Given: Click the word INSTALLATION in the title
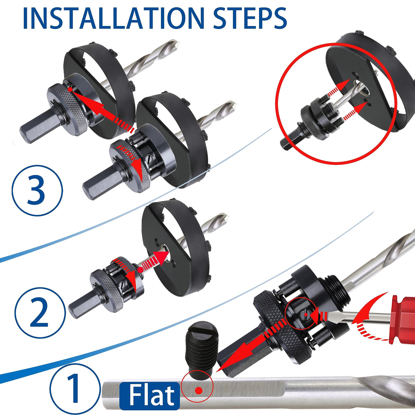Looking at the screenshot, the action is click(x=114, y=18).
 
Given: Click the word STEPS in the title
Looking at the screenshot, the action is click(x=250, y=18).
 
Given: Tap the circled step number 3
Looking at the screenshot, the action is click(x=37, y=190).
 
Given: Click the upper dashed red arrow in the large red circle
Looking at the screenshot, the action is click(x=338, y=89).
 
